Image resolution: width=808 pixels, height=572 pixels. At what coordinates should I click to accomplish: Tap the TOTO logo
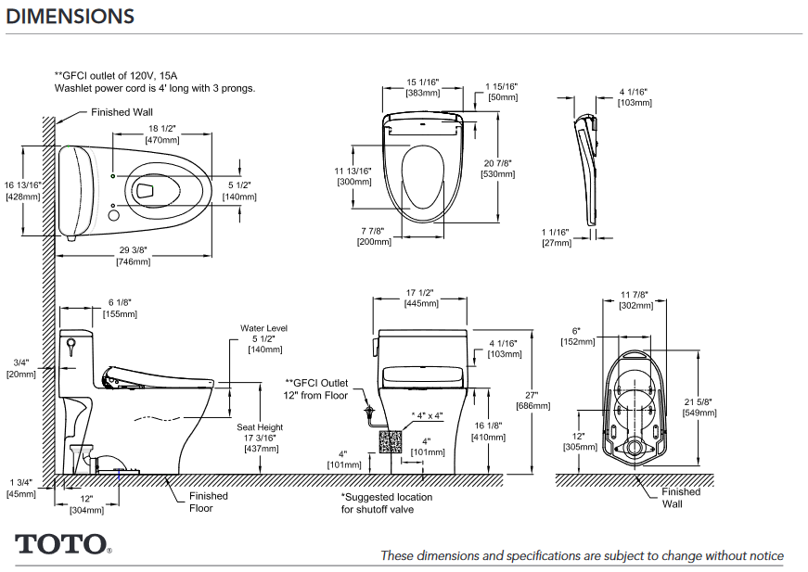pos(61,544)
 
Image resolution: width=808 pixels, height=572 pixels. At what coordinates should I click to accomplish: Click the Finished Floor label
pos(208,502)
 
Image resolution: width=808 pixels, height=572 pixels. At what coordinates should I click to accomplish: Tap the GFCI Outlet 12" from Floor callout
pos(315,388)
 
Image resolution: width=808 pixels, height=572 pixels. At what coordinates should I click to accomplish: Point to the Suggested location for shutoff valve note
pos(386,503)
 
